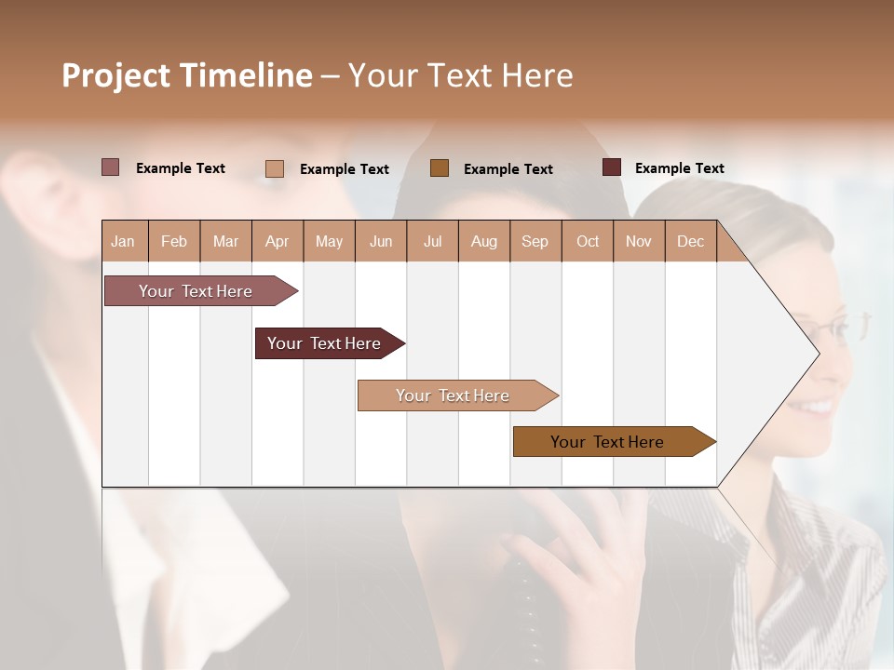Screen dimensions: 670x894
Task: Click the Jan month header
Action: point(123,241)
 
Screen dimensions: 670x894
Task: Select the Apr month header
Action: point(277,241)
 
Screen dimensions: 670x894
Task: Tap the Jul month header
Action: point(432,241)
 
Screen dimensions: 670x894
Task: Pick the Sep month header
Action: point(535,241)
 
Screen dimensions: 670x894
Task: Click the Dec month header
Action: point(690,241)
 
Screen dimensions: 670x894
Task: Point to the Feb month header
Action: point(174,241)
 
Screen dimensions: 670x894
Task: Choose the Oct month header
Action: point(588,241)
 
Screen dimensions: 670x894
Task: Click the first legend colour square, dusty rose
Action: point(110,167)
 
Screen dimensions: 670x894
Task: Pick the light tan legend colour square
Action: point(274,168)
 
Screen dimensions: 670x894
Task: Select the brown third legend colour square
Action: point(440,167)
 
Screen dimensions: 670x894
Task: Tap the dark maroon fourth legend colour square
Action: point(611,167)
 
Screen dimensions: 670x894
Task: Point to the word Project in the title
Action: point(116,75)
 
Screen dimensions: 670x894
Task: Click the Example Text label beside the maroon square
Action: point(679,167)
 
